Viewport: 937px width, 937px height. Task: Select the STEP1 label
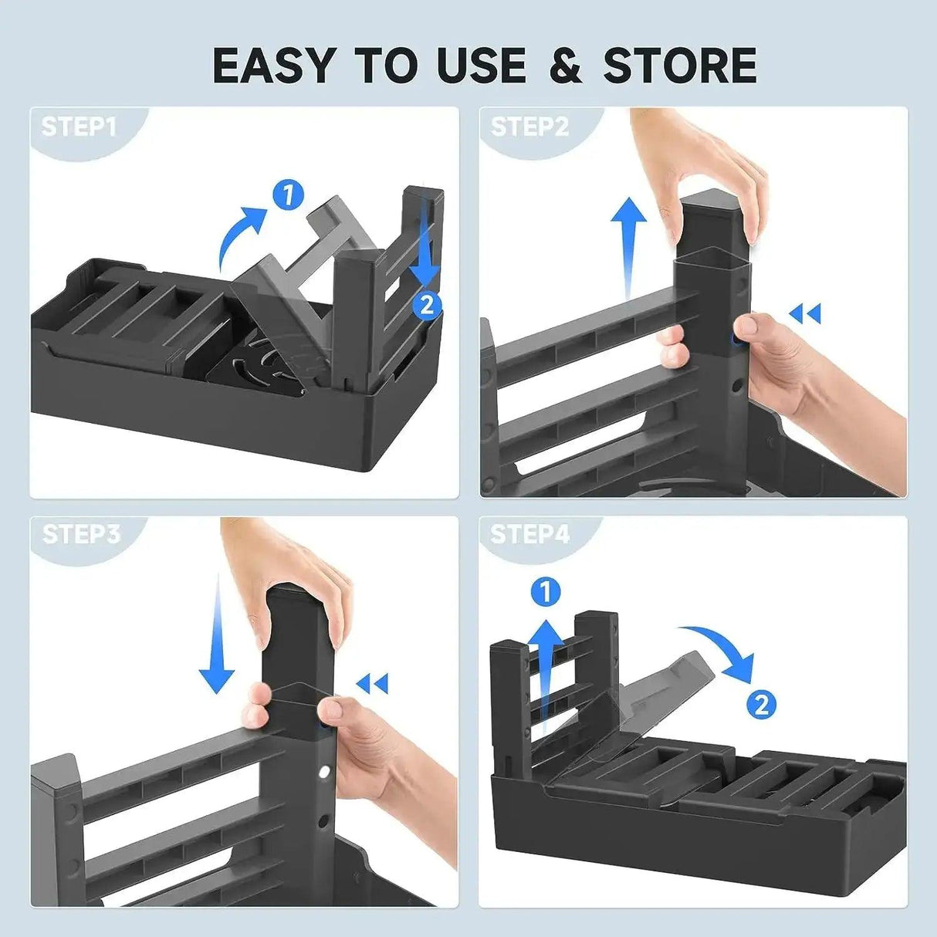coord(79,127)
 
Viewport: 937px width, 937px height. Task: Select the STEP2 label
coord(529,127)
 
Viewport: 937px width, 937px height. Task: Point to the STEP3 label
coord(81,534)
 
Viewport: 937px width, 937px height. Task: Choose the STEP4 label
coord(530,534)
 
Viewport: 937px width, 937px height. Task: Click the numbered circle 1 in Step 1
coord(289,195)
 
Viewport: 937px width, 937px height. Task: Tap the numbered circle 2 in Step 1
coord(427,306)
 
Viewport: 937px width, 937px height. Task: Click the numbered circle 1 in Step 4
coord(546,593)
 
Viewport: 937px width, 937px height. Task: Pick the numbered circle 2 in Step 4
coord(761,704)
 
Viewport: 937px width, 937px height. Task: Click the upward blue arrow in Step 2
coord(628,247)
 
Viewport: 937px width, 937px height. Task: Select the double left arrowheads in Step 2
coord(805,313)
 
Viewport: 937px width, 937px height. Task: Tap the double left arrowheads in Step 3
coord(372,683)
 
